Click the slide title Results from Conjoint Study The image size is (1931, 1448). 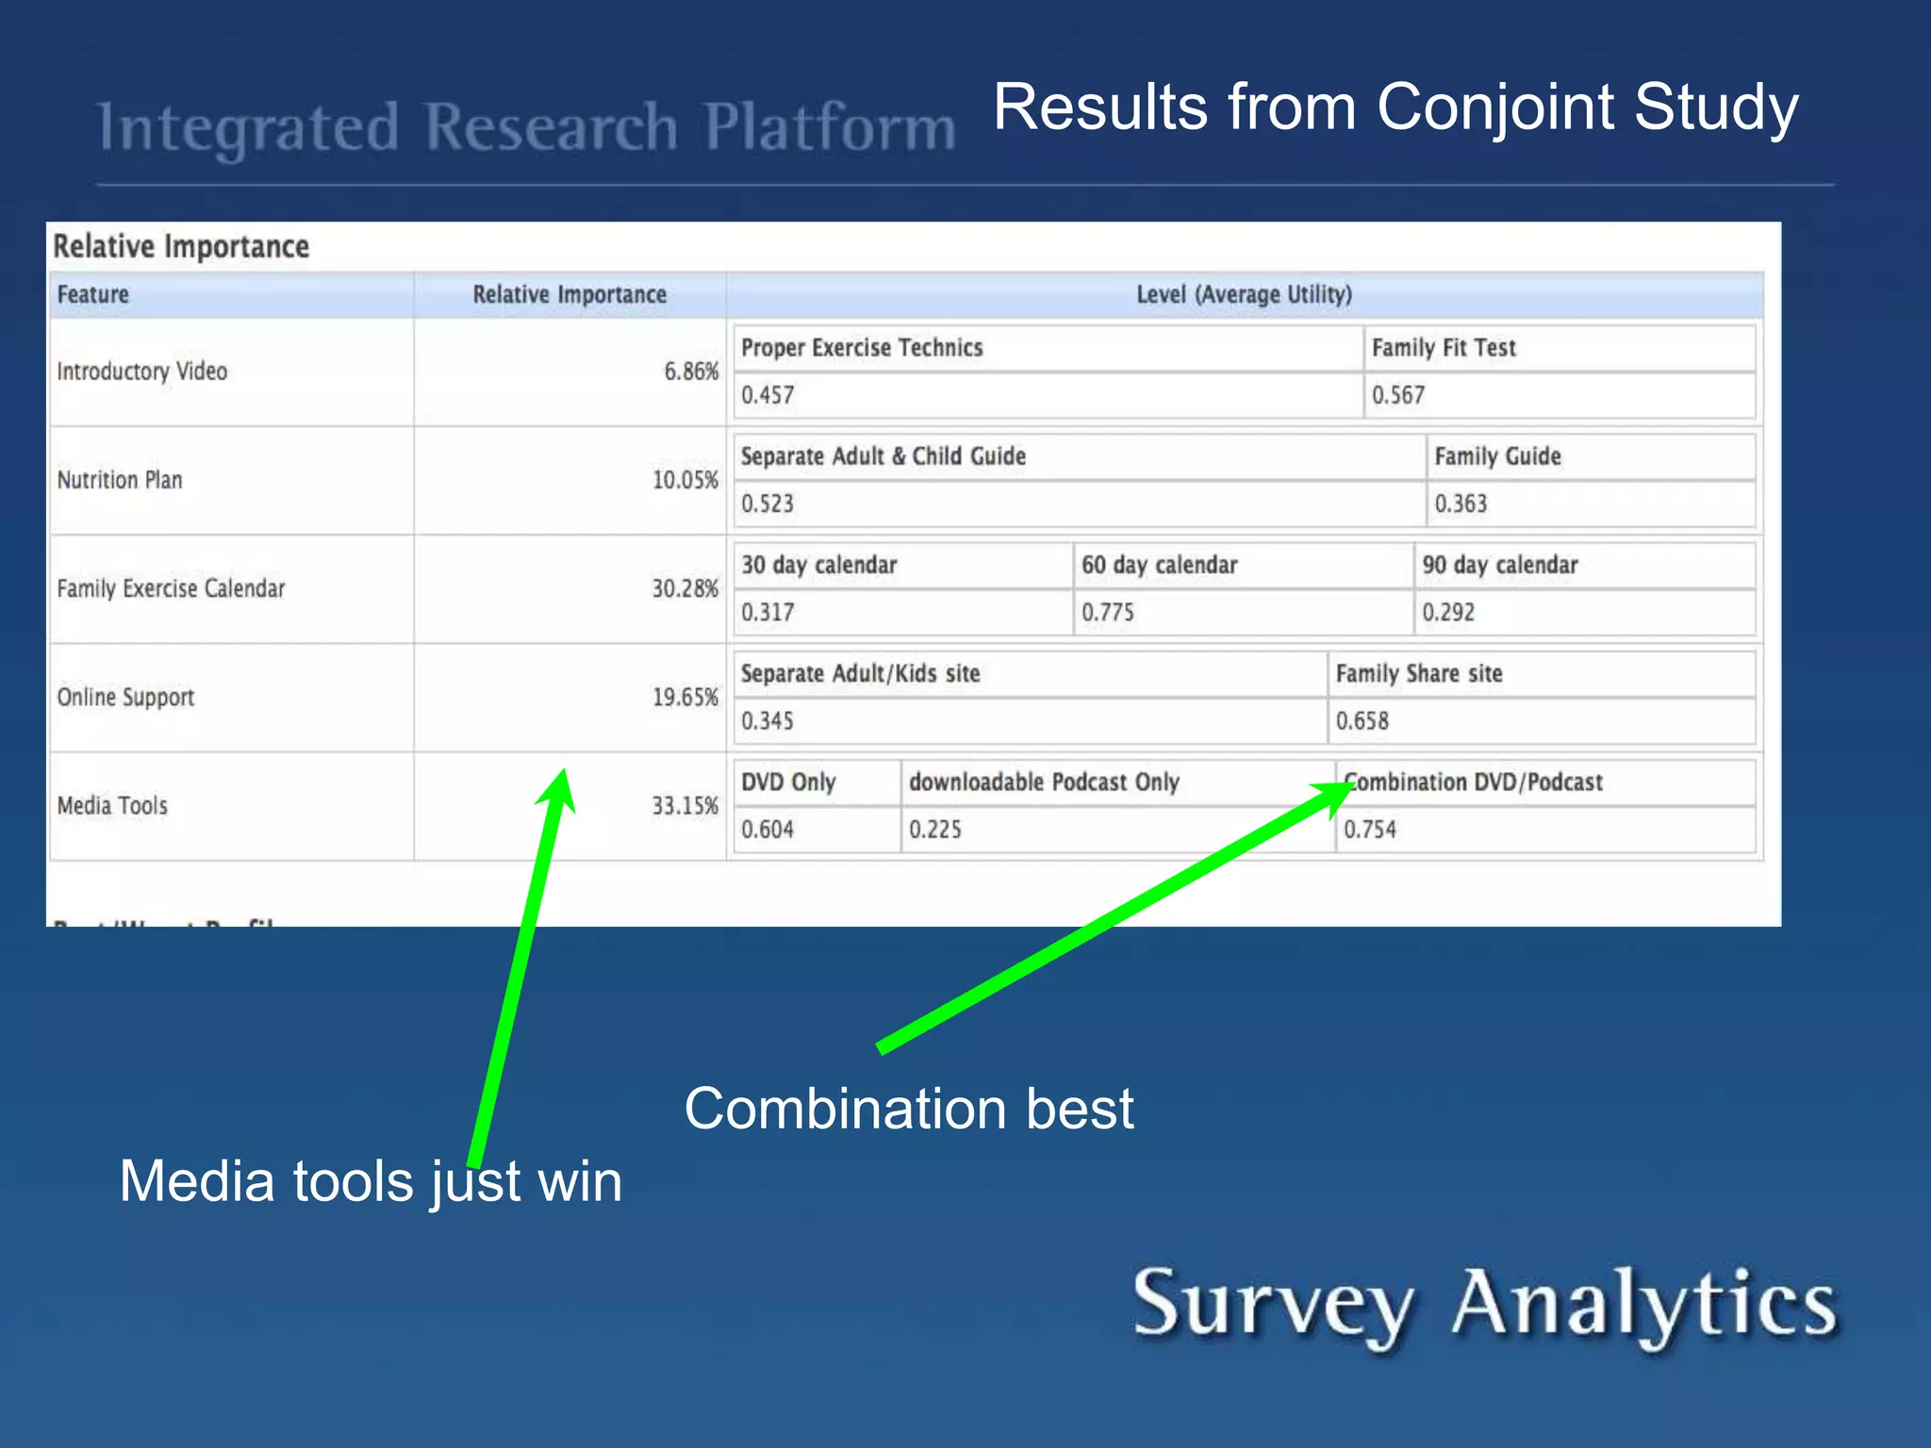point(1395,107)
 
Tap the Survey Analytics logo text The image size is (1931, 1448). point(1484,1305)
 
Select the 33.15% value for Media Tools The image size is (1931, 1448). point(685,806)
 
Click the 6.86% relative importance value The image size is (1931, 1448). point(691,371)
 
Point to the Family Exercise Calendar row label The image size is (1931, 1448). point(171,589)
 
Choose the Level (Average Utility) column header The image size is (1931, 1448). point(1244,295)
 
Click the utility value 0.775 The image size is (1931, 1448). point(1108,613)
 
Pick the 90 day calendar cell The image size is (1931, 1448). point(1499,566)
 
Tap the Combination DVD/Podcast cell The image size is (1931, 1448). point(1473,782)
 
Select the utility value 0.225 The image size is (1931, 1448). point(934,830)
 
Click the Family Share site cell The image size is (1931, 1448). point(1419,674)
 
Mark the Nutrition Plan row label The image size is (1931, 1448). point(120,481)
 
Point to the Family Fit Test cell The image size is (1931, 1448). point(1444,348)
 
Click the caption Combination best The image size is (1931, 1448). point(908,1109)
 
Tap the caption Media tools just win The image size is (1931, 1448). point(371,1181)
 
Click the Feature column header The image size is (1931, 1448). point(92,295)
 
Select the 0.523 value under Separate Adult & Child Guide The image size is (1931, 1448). point(767,504)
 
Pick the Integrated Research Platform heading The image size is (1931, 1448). point(526,128)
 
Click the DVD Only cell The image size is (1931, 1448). point(788,782)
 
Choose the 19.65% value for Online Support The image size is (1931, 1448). point(685,698)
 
